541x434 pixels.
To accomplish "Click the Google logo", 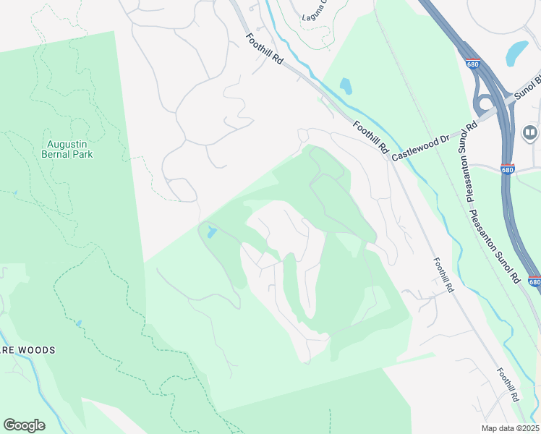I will tap(24, 425).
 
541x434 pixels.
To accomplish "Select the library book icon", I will tap(529, 132).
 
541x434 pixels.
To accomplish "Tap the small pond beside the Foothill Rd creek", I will tap(345, 86).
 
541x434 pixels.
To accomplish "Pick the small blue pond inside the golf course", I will tap(210, 232).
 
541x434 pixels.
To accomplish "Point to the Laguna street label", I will tap(313, 10).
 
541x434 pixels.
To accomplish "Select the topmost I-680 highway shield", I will tap(473, 64).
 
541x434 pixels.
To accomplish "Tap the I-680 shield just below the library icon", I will tap(508, 169).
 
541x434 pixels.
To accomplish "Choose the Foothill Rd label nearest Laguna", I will tap(264, 51).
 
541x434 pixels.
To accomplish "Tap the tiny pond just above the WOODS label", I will tap(78, 323).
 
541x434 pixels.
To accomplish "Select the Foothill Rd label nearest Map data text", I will tap(508, 385).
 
